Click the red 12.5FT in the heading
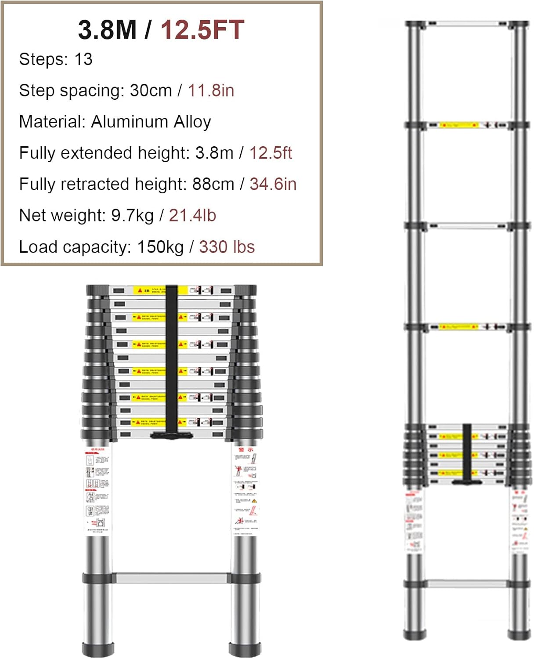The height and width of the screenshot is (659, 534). tap(202, 30)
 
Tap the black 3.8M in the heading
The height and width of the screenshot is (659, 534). tap(107, 30)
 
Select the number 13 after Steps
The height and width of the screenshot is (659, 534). tap(83, 59)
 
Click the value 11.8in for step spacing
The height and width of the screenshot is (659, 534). tap(211, 91)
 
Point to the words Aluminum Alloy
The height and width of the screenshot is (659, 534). tap(151, 122)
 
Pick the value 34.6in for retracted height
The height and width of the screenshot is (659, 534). tap(273, 184)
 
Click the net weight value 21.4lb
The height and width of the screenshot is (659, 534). tap(192, 215)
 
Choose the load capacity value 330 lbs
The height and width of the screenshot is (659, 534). tap(227, 247)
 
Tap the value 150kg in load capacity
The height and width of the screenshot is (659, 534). tap(160, 247)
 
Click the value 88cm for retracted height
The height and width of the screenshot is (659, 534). tap(213, 184)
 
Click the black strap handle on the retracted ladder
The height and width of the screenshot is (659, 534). tap(172, 360)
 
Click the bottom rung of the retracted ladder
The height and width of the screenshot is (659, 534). tap(171, 577)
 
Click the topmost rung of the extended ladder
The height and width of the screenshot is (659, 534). tap(467, 24)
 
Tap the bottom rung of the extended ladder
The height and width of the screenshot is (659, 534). tap(467, 584)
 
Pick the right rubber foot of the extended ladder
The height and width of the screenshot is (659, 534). tap(519, 634)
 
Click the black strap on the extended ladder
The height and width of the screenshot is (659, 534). tap(467, 453)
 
